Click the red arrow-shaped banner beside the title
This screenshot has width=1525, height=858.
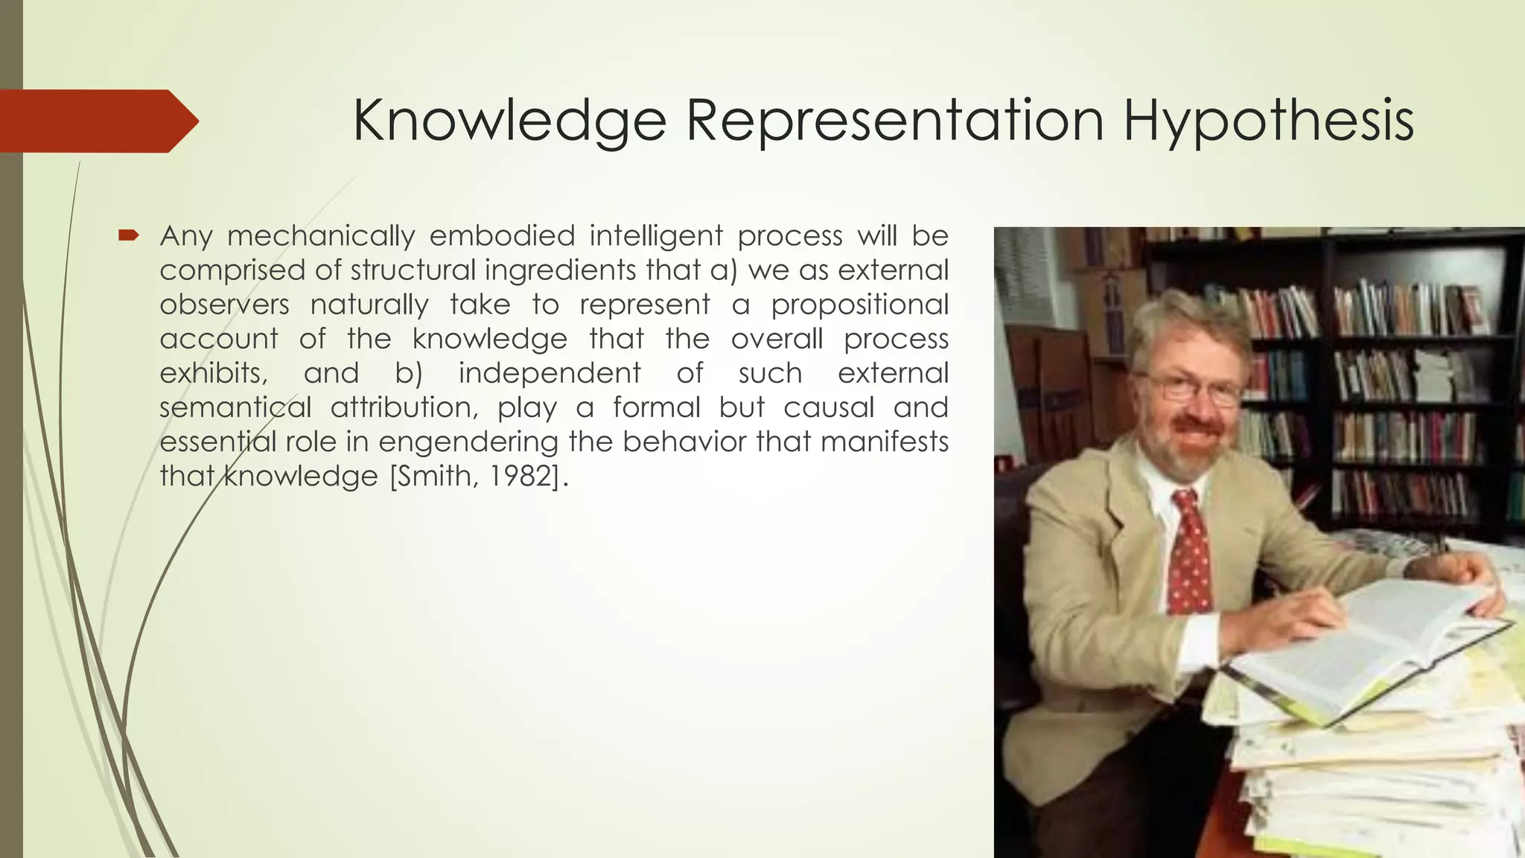click(x=97, y=121)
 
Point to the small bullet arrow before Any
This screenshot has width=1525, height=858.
click(x=128, y=236)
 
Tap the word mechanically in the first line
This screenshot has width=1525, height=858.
click(x=321, y=236)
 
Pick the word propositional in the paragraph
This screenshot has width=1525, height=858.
click(x=859, y=305)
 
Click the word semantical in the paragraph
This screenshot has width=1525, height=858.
click(x=235, y=407)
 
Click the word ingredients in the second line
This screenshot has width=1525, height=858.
click(x=561, y=270)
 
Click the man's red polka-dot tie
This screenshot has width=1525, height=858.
click(x=1188, y=551)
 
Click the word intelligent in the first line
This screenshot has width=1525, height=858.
click(x=656, y=236)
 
